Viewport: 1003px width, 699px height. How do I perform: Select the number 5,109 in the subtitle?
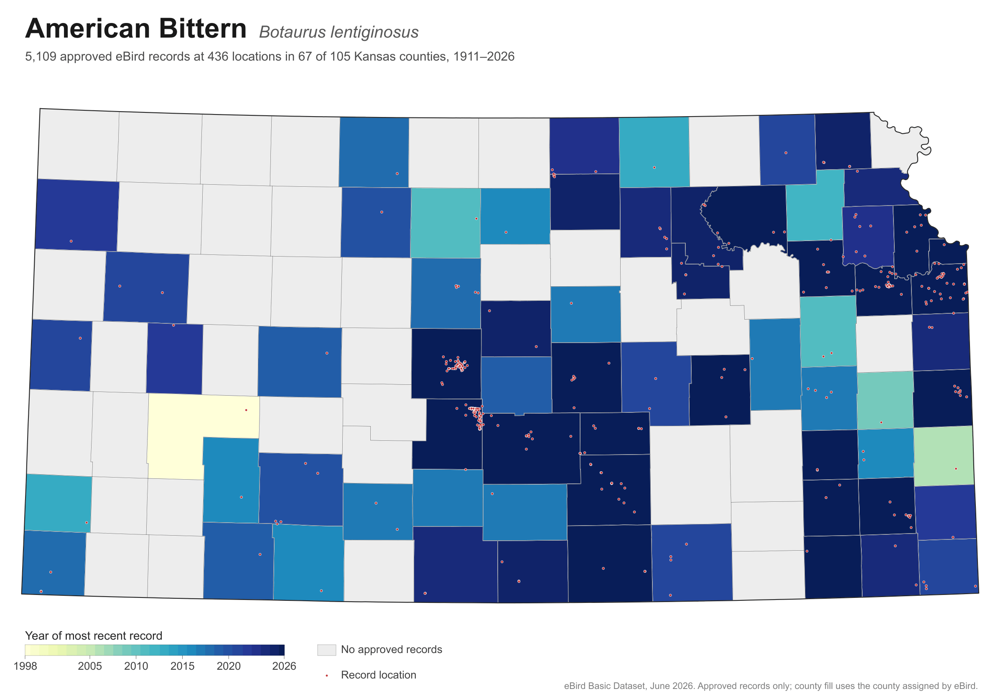point(41,57)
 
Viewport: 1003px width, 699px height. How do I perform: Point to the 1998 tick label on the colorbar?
point(25,666)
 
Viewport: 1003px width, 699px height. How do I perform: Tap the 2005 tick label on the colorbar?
point(90,666)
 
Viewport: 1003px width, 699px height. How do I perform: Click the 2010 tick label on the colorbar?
point(136,666)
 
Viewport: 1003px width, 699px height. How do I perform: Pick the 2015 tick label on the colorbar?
point(183,666)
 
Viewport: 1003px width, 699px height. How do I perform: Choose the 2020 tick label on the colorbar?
point(229,666)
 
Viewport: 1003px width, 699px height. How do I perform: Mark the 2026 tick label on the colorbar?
point(284,666)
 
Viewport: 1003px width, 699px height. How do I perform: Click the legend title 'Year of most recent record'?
point(94,635)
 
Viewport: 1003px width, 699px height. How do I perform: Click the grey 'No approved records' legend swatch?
point(327,650)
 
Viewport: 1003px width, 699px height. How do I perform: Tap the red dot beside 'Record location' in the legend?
point(327,676)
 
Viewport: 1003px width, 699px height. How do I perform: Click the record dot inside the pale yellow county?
point(247,410)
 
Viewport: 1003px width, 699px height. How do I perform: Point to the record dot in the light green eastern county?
point(956,468)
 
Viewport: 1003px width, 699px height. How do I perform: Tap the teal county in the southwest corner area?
point(58,503)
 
